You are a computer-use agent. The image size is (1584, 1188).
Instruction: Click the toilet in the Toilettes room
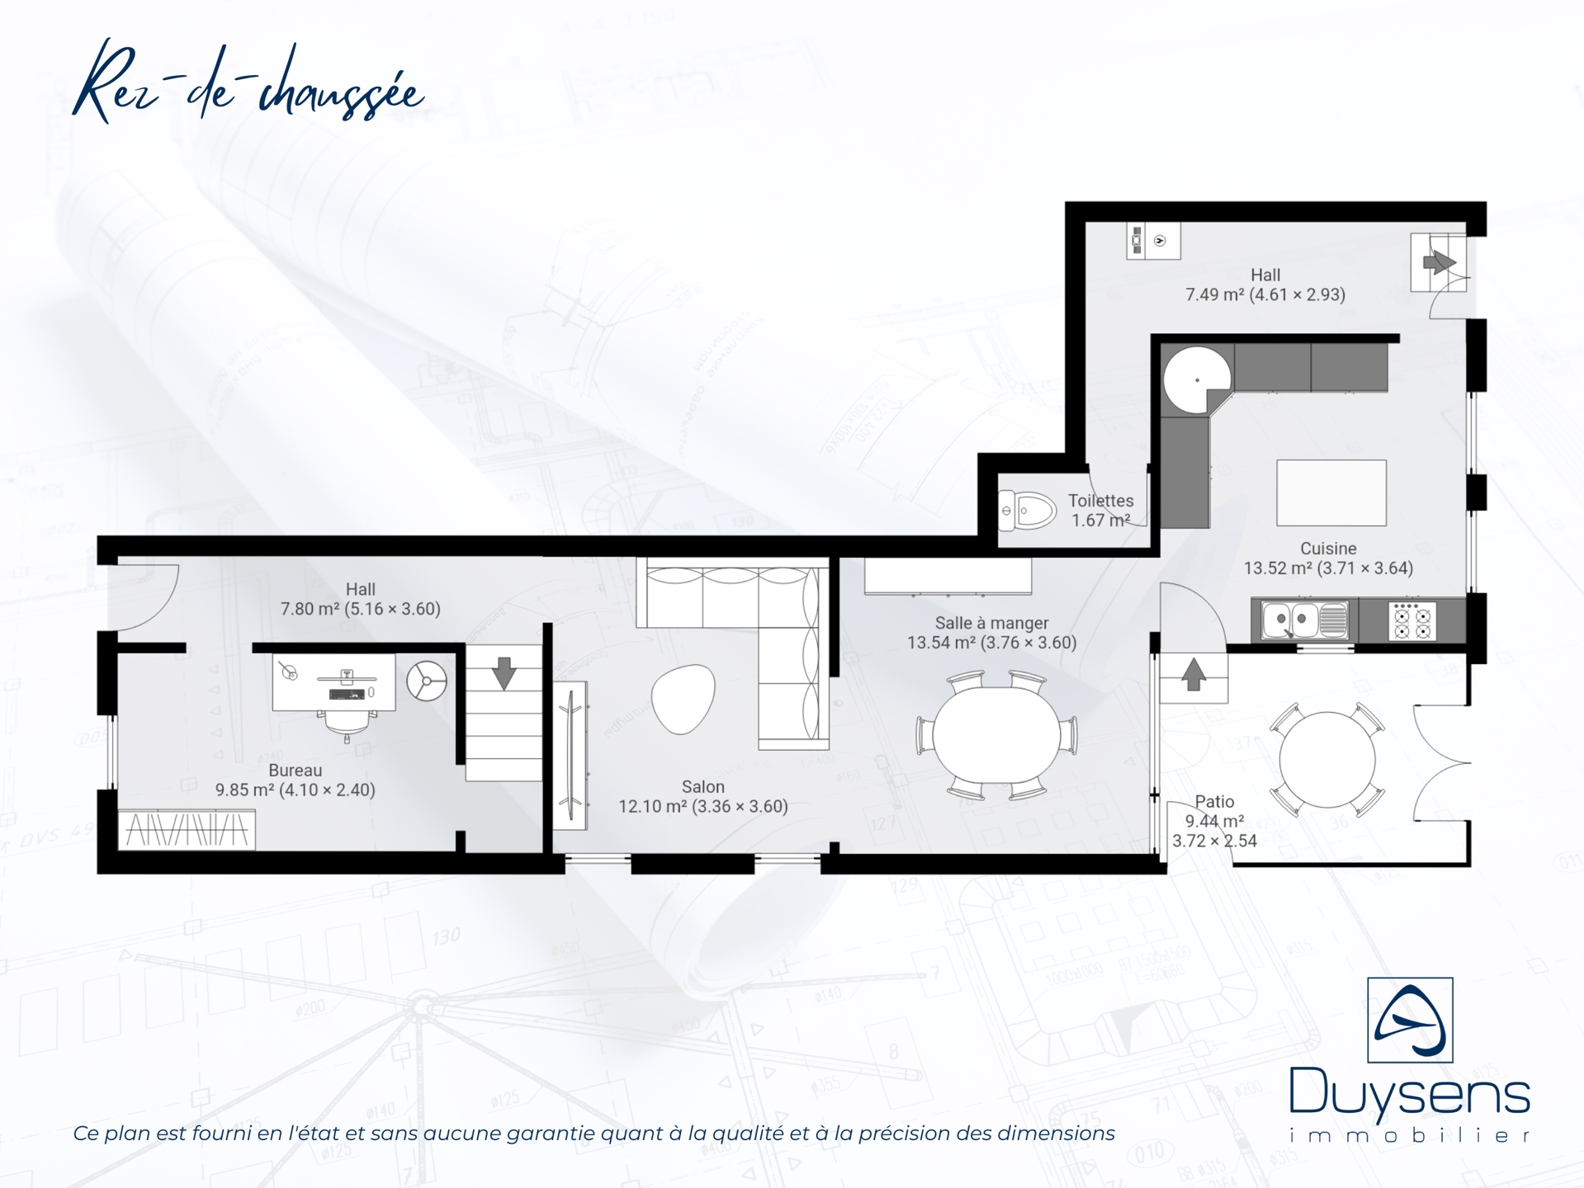point(1027,511)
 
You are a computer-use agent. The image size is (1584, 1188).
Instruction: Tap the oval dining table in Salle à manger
point(996,736)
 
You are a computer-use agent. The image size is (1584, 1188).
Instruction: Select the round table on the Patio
point(1327,759)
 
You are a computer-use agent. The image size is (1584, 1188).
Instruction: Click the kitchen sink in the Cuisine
point(1305,620)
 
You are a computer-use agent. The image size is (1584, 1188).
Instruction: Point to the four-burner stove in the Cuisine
point(1412,620)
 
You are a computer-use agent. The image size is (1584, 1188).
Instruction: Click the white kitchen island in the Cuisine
point(1331,493)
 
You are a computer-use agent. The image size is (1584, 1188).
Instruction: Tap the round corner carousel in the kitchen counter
point(1197,380)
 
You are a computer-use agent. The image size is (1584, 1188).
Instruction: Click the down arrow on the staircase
point(504,673)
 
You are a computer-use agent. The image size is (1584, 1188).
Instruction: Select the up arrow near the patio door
point(1193,674)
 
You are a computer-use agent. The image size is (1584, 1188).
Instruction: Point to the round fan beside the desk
point(427,681)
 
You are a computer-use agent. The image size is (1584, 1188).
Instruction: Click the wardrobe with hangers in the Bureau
point(187,829)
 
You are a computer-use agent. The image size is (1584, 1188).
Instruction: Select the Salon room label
point(703,787)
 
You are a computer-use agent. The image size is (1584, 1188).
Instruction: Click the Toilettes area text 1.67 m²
point(1101,521)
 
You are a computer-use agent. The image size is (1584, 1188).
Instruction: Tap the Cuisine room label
point(1328,549)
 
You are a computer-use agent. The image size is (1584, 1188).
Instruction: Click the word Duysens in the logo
point(1410,1094)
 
